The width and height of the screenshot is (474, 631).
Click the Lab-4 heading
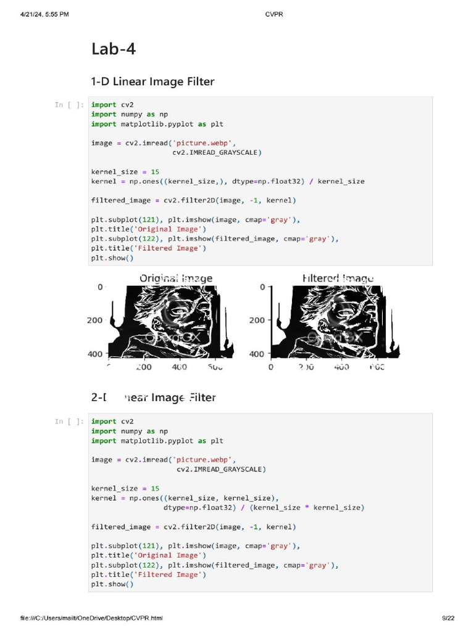click(114, 49)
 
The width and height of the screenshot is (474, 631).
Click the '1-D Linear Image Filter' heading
click(152, 81)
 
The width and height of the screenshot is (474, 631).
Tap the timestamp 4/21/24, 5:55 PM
click(44, 15)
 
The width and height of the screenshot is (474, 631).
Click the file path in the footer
click(91, 618)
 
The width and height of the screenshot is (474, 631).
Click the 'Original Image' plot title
click(176, 279)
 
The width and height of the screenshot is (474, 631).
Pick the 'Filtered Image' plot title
click(338, 279)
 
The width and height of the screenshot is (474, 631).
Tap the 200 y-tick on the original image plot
click(94, 320)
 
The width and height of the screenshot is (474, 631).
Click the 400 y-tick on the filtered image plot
click(257, 354)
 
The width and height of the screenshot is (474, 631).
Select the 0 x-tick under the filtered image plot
click(271, 367)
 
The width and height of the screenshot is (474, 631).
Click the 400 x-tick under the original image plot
click(179, 367)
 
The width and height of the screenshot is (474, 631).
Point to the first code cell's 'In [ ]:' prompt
click(69, 105)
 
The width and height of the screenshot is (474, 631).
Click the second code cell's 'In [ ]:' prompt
click(69, 421)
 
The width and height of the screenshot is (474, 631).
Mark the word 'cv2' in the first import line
click(127, 105)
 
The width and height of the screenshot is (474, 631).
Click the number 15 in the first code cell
click(155, 172)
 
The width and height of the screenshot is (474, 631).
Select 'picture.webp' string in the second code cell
click(204, 460)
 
